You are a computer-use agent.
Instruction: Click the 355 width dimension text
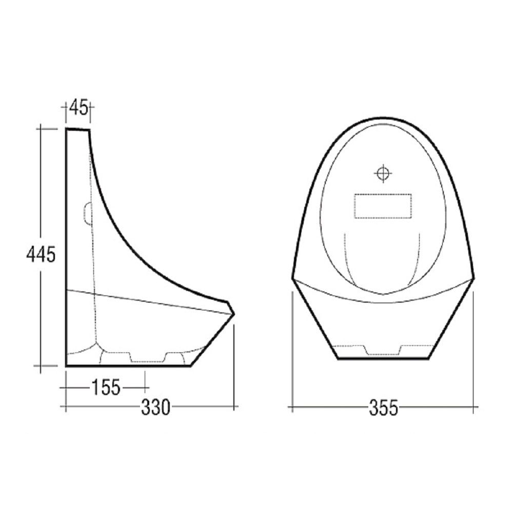[383, 408]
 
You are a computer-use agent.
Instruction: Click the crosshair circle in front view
[383, 173]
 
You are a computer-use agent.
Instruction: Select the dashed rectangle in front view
[383, 206]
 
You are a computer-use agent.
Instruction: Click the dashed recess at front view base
[382, 350]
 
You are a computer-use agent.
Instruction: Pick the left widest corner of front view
[293, 279]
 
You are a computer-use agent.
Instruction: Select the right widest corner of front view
[473, 278]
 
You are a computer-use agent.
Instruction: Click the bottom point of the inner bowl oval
[383, 294]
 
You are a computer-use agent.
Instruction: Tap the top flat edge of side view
[78, 129]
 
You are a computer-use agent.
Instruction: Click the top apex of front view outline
[383, 118]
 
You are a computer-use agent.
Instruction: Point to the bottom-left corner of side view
[67, 365]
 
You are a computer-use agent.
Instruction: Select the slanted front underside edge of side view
[212, 340]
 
